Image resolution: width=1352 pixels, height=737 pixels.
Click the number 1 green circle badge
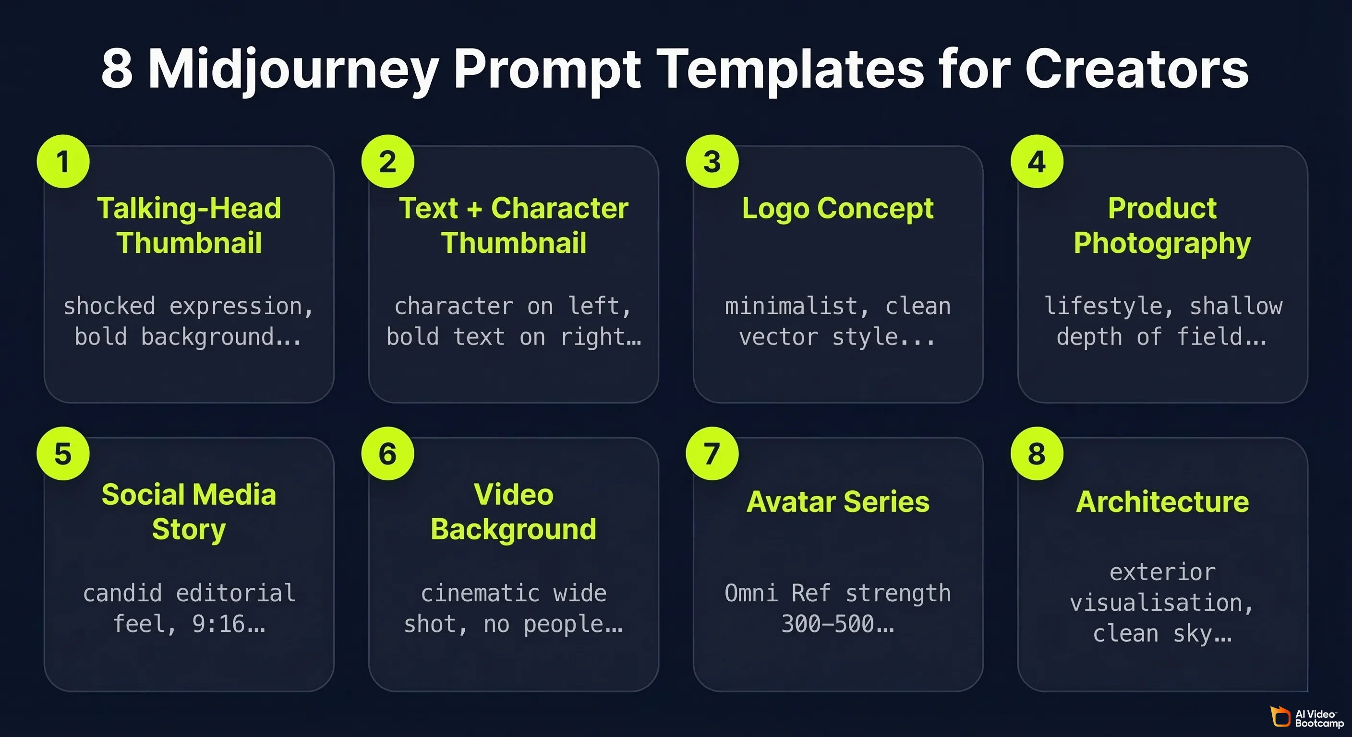click(63, 161)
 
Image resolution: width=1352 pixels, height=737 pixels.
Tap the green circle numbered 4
click(1037, 161)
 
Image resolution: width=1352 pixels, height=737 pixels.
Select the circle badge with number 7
click(712, 453)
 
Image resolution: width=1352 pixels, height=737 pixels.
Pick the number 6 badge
click(387, 453)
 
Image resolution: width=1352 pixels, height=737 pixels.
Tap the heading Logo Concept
click(838, 208)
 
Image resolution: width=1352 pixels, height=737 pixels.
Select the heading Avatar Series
click(838, 501)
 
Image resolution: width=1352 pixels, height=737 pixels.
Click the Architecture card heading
click(1162, 501)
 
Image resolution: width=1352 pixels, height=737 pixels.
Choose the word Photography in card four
click(1162, 243)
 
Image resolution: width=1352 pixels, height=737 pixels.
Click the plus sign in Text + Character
click(474, 209)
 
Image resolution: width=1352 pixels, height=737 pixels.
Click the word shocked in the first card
click(109, 306)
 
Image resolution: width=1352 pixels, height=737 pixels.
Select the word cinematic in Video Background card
click(480, 593)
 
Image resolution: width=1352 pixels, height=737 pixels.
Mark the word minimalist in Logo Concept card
click(791, 306)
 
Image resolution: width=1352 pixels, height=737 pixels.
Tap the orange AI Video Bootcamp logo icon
click(1280, 716)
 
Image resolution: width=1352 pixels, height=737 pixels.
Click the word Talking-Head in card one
click(189, 208)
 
